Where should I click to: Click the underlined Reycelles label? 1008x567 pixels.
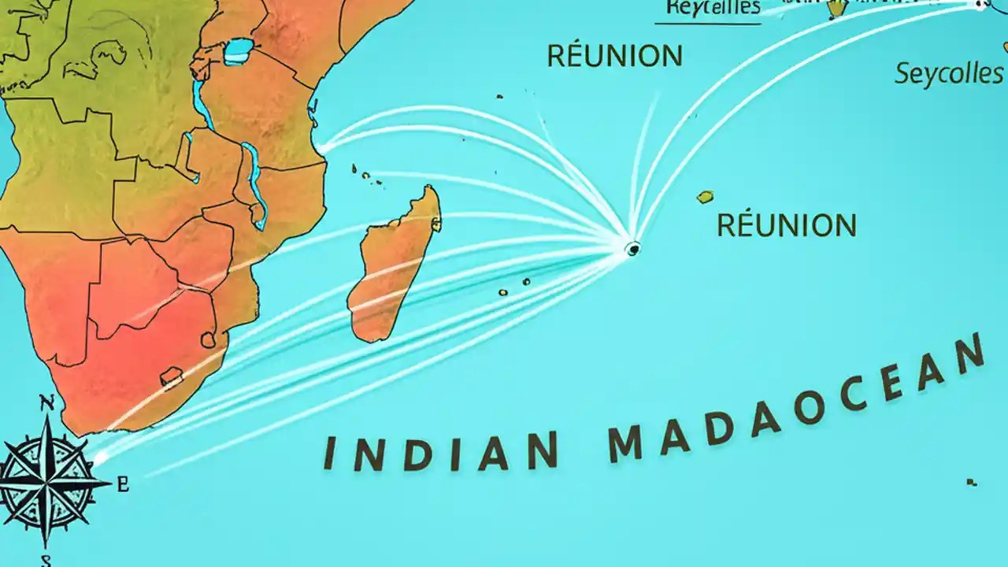712,8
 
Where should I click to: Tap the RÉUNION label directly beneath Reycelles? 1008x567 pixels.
615,57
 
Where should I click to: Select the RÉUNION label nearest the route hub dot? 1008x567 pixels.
786,226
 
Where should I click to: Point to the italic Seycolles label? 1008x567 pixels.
949,74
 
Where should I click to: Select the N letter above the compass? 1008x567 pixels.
47,404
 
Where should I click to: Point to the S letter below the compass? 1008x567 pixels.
46,561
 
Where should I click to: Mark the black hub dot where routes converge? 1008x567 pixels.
632,249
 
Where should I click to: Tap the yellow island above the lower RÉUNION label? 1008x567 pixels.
705,197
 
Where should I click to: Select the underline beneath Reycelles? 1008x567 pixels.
707,24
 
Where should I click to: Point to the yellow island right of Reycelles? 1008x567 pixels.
836,9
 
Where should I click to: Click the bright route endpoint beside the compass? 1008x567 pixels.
98,457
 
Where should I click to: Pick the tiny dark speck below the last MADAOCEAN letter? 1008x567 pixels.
973,482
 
